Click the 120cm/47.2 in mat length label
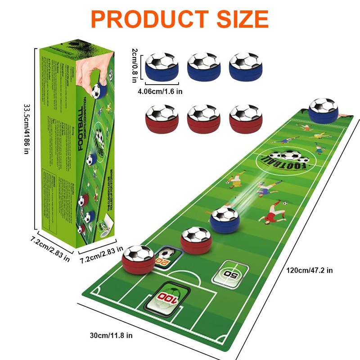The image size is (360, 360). click(310, 270)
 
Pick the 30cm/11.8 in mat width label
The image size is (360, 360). click(111, 335)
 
